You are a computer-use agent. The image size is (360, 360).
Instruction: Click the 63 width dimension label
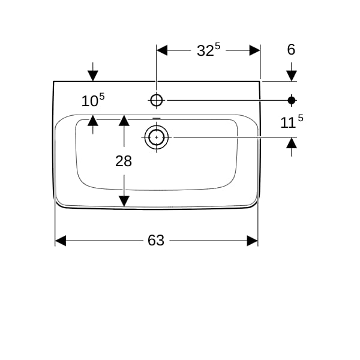coord(156,241)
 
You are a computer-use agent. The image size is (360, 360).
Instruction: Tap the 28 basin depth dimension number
coord(124,161)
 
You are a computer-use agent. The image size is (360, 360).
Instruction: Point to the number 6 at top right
coord(291,49)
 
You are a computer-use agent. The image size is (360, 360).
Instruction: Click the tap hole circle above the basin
coord(157,100)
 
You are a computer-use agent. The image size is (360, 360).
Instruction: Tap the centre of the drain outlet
coord(157,137)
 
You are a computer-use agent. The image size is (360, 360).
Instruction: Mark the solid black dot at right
coord(292,100)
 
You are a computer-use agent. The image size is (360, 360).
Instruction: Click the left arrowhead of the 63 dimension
coord(61,241)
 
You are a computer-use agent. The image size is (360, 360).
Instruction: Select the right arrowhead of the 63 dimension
coord(253,241)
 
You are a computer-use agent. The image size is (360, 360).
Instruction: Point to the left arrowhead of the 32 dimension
coord(162,50)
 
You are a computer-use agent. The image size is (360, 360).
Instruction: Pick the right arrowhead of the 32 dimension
coord(255,50)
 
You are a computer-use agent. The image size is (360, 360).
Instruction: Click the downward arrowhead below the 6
coord(292,76)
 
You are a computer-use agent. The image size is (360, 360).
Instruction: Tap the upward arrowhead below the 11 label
coord(292,143)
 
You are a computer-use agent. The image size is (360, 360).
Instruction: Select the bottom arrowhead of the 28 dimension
coord(124,201)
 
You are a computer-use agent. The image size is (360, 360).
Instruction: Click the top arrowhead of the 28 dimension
coord(124,121)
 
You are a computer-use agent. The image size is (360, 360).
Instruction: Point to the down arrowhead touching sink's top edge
coord(93,76)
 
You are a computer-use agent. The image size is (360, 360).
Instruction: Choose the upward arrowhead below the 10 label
coord(93,121)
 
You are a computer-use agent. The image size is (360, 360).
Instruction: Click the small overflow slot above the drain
coord(157,118)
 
